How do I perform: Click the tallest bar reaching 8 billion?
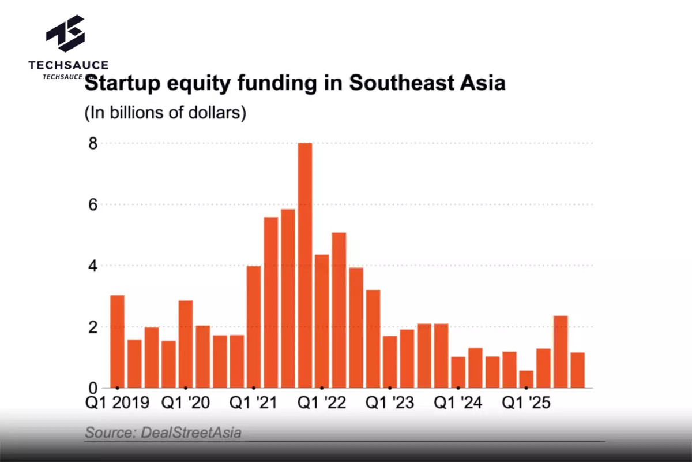pyautogui.click(x=304, y=266)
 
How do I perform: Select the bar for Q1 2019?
pyautogui.click(x=117, y=341)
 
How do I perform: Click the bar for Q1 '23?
pyautogui.click(x=390, y=362)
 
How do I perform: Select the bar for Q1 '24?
pyautogui.click(x=458, y=372)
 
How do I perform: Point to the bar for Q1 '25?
pyautogui.click(x=526, y=379)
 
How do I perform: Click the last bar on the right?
pyautogui.click(x=577, y=370)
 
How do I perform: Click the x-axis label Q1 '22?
pyautogui.click(x=321, y=403)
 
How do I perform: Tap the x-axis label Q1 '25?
pyautogui.click(x=525, y=403)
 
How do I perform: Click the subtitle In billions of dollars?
pyautogui.click(x=166, y=113)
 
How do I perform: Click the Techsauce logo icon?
pyautogui.click(x=65, y=34)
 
